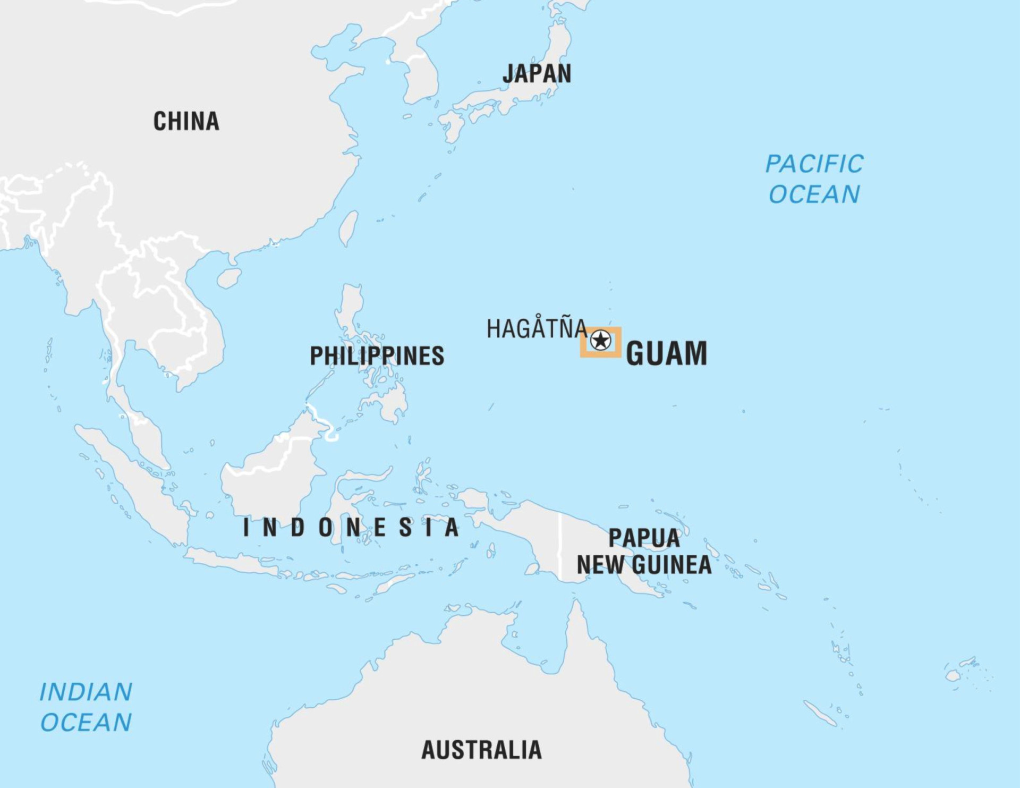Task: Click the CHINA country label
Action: pos(186,122)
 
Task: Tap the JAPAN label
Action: pos(537,74)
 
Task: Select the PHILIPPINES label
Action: pos(377,356)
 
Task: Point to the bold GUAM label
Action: pos(666,354)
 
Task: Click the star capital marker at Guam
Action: pos(600,340)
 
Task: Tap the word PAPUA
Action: pos(644,538)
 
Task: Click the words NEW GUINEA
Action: pos(644,565)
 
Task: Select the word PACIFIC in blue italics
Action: pos(814,164)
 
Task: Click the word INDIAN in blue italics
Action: pos(86,692)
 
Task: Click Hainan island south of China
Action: pos(229,278)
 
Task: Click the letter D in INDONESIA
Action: pos(297,528)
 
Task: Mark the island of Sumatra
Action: pos(133,484)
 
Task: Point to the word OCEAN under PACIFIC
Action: pos(814,194)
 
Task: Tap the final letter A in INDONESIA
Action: pos(452,528)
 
